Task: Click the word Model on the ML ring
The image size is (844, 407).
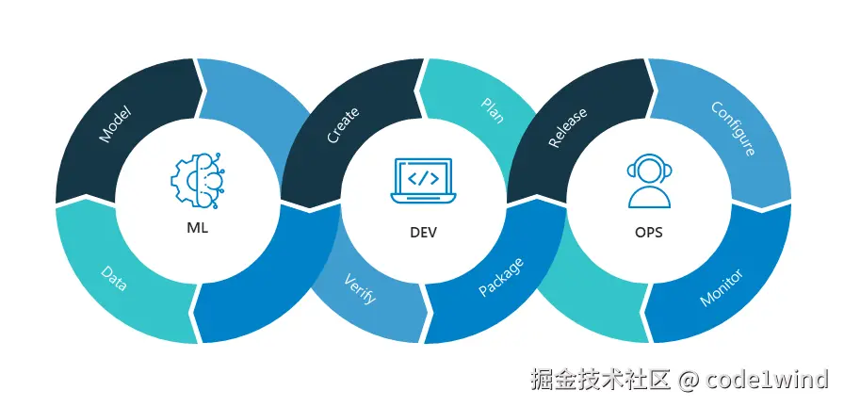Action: click(115, 124)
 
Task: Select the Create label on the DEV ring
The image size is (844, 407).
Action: click(342, 125)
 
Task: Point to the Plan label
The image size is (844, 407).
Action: click(493, 110)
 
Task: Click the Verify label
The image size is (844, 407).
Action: click(360, 289)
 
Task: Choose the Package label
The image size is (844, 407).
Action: click(500, 277)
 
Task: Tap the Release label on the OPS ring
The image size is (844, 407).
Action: click(568, 127)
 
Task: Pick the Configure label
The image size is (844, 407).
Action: click(732, 128)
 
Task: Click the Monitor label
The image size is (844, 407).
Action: click(721, 287)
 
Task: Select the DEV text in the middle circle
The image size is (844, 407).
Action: click(423, 232)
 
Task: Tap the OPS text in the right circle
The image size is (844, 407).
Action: click(648, 232)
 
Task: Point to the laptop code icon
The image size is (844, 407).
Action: click(424, 179)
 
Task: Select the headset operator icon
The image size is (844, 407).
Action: click(649, 180)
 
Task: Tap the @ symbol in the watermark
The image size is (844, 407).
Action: click(689, 380)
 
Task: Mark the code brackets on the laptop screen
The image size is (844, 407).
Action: click(423, 176)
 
